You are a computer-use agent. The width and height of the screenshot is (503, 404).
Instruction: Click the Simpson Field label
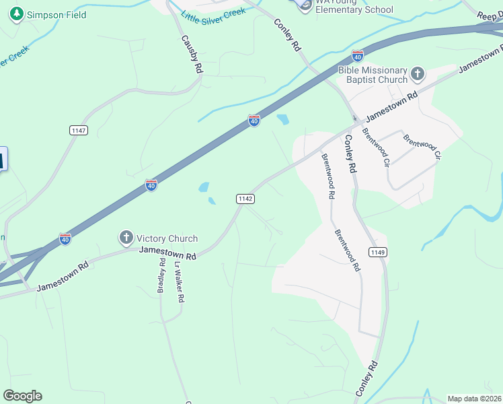(x=56, y=15)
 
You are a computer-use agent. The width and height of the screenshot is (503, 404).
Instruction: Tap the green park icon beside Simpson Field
(x=17, y=14)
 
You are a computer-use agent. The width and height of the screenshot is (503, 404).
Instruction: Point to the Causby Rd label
(x=191, y=55)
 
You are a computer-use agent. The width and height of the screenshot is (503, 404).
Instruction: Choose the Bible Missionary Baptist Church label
(x=373, y=75)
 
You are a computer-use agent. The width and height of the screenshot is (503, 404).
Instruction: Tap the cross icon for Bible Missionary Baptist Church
(x=418, y=73)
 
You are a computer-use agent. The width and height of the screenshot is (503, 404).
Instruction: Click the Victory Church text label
(x=167, y=238)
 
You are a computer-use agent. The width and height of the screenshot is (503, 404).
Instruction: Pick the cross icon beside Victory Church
(x=126, y=237)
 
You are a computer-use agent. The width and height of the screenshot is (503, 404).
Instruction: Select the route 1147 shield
(x=78, y=130)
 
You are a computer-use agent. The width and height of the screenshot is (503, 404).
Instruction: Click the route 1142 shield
(x=245, y=198)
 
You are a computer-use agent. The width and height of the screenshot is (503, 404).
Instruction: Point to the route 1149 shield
(x=377, y=252)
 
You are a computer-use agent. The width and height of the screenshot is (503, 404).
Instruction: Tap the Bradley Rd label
(x=161, y=277)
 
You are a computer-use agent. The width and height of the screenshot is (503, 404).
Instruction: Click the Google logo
(x=22, y=396)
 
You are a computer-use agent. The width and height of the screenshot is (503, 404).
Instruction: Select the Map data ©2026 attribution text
(x=475, y=399)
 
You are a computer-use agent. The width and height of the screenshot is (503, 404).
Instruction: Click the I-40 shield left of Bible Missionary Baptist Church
(x=357, y=55)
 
